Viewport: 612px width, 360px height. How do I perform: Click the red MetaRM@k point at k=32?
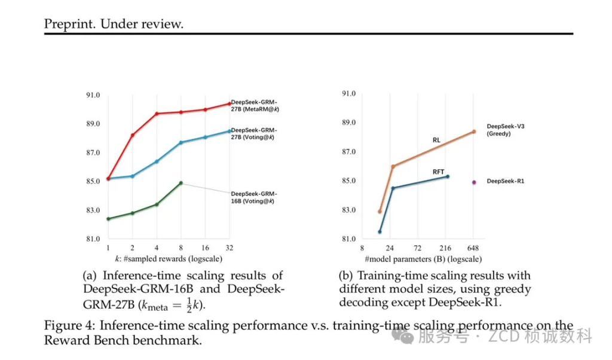click(x=230, y=103)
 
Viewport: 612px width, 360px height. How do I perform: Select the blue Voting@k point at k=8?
click(x=181, y=142)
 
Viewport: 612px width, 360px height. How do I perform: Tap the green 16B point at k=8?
click(x=181, y=183)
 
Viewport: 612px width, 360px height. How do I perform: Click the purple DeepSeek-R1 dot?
click(x=474, y=182)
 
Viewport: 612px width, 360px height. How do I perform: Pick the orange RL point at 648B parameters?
click(x=474, y=132)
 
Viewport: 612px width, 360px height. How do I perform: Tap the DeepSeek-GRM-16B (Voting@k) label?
click(x=254, y=197)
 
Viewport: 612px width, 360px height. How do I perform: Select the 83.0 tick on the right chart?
click(x=348, y=210)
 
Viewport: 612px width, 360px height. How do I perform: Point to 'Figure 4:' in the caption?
click(x=69, y=325)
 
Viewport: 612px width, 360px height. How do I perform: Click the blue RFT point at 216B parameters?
click(x=447, y=176)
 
